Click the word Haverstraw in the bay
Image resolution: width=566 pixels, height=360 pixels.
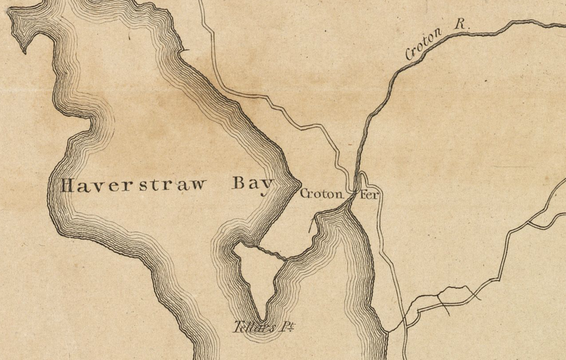134,186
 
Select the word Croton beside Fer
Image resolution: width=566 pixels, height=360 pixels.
322,194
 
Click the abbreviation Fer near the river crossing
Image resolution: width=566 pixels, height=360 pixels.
368,195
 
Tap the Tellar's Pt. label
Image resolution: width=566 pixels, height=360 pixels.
264,327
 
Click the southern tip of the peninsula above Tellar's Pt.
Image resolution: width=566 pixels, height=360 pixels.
261,318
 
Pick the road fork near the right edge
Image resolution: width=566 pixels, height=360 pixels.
529,222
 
